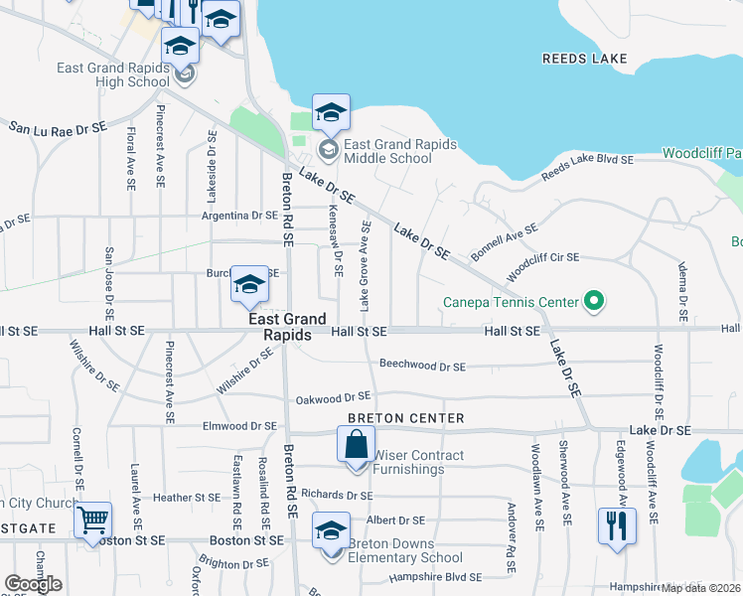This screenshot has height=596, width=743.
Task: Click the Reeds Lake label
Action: [x=585, y=59]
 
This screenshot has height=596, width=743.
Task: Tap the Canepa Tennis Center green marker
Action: [x=594, y=299]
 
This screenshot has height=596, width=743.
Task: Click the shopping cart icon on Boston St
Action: [x=92, y=520]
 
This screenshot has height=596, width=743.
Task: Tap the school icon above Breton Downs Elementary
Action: [x=332, y=530]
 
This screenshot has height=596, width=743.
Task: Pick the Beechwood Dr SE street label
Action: [x=422, y=366]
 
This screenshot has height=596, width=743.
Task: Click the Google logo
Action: [x=34, y=584]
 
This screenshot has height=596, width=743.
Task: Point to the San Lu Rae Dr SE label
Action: [x=58, y=128]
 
